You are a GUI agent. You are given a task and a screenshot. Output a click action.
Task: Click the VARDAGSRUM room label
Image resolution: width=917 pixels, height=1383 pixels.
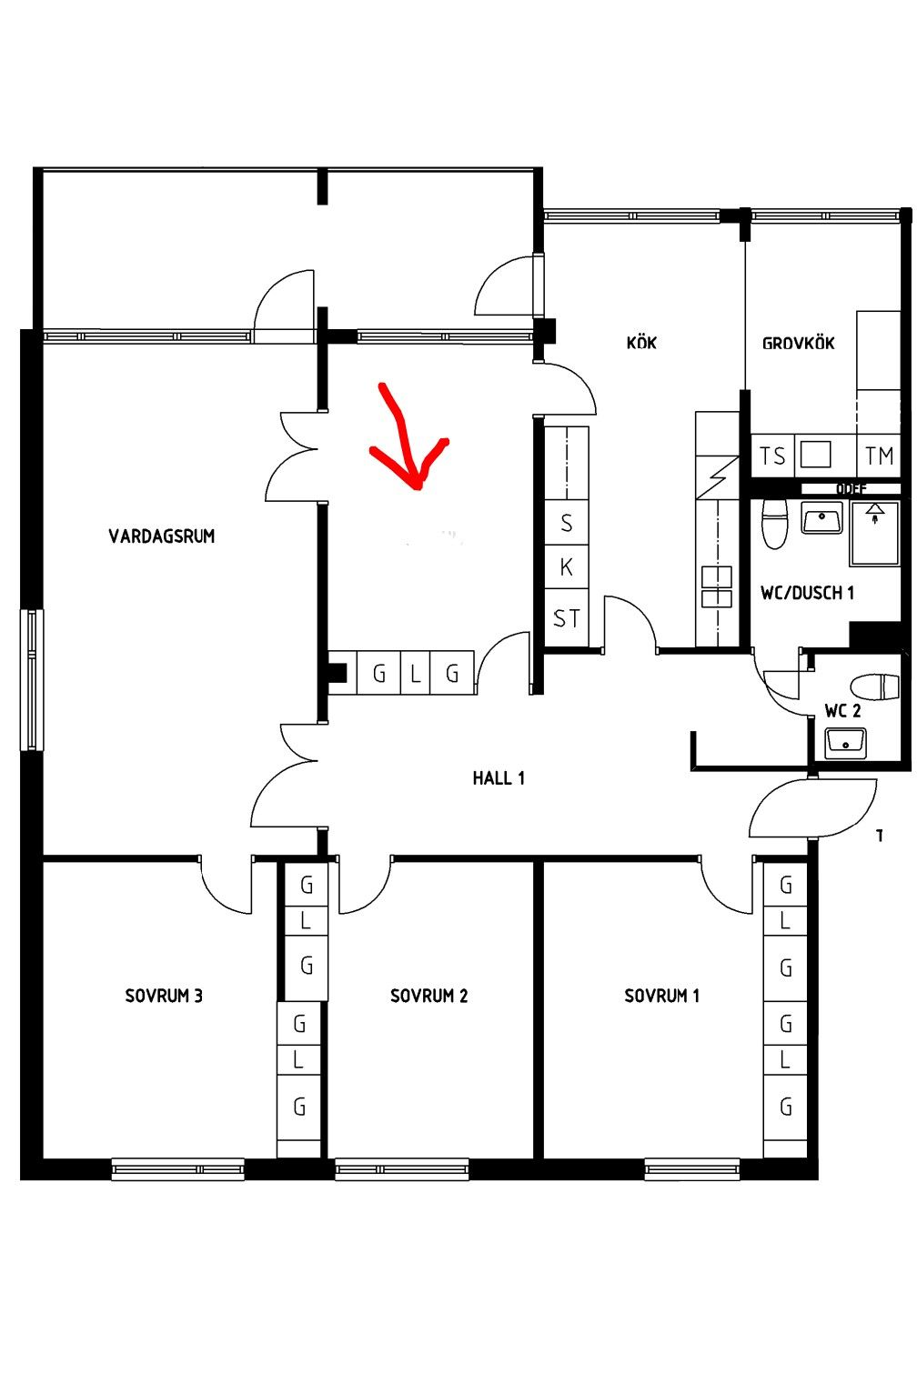pyautogui.click(x=162, y=536)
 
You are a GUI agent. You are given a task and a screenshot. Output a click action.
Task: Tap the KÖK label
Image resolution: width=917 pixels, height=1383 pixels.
pyautogui.click(x=641, y=343)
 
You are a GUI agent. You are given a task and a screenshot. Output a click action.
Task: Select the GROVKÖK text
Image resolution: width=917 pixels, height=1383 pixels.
pyautogui.click(x=798, y=343)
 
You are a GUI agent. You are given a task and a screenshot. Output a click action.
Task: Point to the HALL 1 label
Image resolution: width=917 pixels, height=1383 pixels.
pyautogui.click(x=499, y=778)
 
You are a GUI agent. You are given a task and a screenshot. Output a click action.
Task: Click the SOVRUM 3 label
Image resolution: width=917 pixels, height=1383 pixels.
pyautogui.click(x=164, y=996)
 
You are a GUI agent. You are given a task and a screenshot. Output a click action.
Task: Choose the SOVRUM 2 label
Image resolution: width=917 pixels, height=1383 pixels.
pyautogui.click(x=429, y=996)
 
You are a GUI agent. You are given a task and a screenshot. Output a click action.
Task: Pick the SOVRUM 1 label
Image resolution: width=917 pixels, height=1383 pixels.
pyautogui.click(x=662, y=996)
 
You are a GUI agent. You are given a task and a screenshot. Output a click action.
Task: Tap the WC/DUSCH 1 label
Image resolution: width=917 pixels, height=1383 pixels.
pyautogui.click(x=807, y=593)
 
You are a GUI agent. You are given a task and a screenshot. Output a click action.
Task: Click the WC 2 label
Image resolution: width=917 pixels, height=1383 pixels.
pyautogui.click(x=842, y=710)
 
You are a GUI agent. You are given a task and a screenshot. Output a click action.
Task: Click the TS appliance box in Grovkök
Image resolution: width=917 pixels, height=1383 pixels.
pyautogui.click(x=772, y=456)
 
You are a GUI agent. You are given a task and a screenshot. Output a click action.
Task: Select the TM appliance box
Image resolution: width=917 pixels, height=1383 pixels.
pyautogui.click(x=879, y=456)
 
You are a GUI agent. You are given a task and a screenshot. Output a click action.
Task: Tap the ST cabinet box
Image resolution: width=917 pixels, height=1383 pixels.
pyautogui.click(x=567, y=619)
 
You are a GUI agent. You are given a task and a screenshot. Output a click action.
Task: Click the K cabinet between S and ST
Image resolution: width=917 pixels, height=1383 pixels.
pyautogui.click(x=567, y=567)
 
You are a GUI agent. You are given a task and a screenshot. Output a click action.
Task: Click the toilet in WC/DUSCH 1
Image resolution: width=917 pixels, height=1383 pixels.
pyautogui.click(x=774, y=523)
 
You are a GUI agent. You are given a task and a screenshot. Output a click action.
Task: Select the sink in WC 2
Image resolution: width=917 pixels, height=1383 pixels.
pyautogui.click(x=845, y=743)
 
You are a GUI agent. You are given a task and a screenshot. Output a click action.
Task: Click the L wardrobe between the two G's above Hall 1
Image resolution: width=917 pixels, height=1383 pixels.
pyautogui.click(x=416, y=674)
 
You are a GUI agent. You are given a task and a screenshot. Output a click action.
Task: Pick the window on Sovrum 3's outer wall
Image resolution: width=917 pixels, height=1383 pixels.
pyautogui.click(x=177, y=1168)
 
